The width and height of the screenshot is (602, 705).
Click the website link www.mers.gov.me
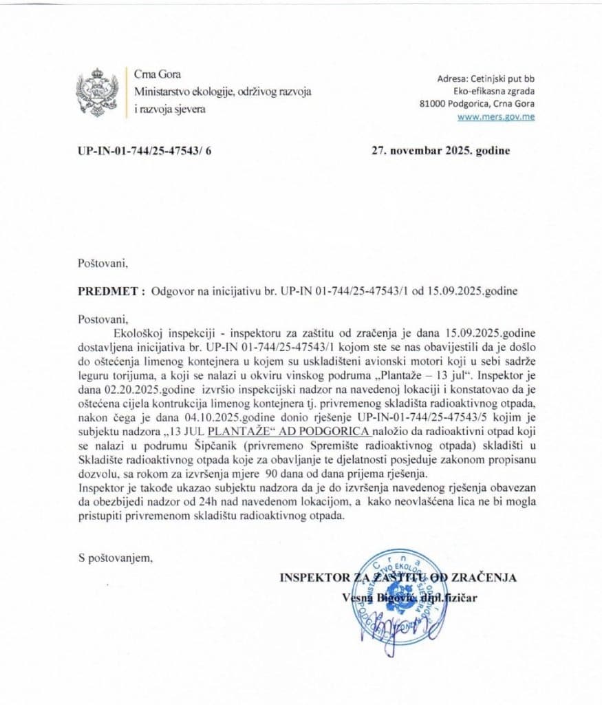(497, 116)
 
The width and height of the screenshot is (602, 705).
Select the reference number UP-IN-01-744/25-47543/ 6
(144, 151)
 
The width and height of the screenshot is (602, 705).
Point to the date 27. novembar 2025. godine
(441, 151)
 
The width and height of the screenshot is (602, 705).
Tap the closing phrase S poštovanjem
(116, 558)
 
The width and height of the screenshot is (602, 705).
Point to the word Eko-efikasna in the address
(480, 91)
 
